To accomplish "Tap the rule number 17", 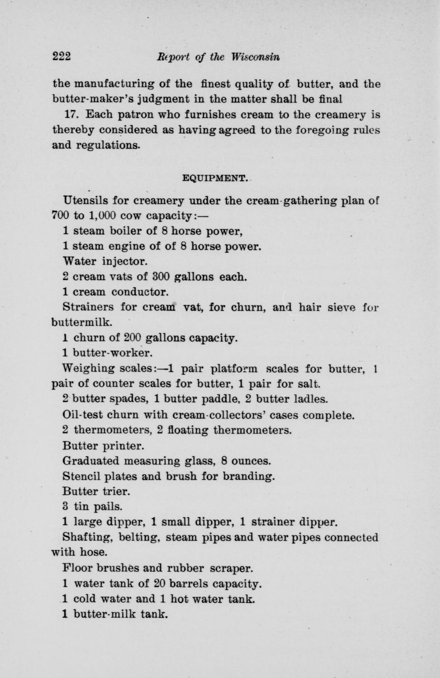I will tap(72, 114).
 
